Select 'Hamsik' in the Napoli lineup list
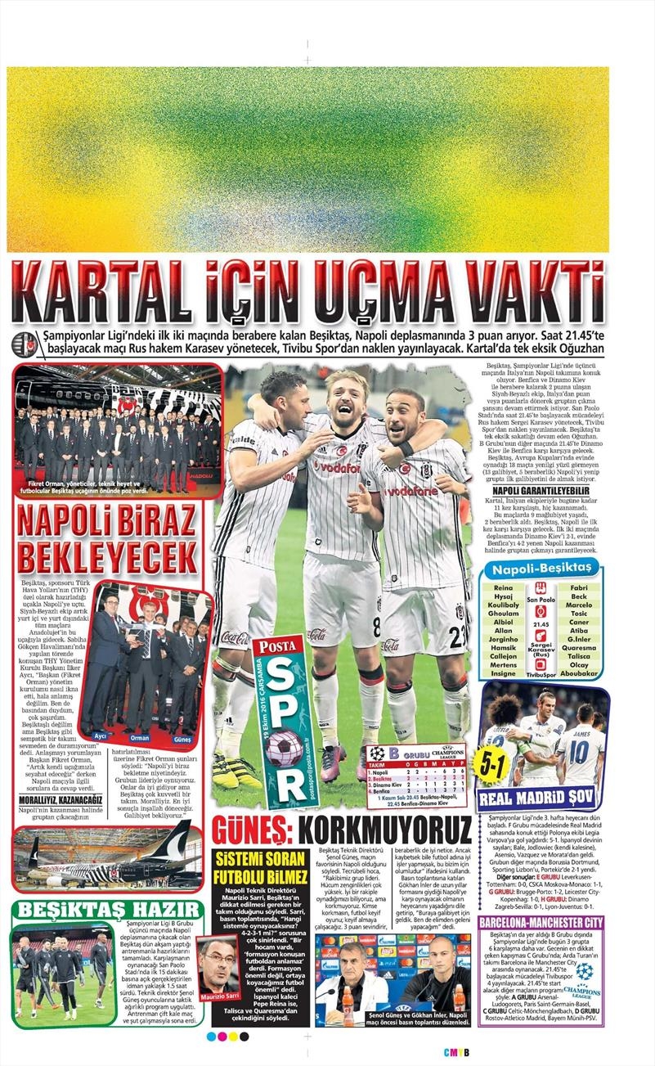[x=504, y=646]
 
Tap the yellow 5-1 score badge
[x=495, y=766]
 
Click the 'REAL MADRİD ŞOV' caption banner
[x=542, y=799]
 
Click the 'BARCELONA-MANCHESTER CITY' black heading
[x=542, y=922]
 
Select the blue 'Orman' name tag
[x=140, y=735]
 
